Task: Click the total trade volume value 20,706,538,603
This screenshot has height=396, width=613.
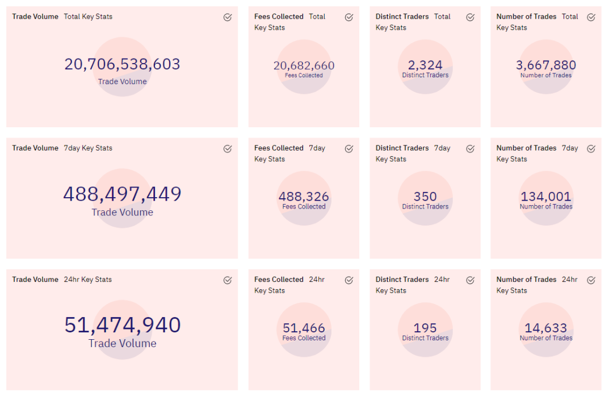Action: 123,64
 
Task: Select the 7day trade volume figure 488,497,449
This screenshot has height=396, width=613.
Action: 123,194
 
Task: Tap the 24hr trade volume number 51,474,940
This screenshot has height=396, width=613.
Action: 123,325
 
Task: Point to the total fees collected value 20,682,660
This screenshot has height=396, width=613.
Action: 304,65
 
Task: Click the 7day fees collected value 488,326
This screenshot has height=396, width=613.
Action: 304,197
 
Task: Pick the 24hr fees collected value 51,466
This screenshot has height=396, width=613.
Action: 304,328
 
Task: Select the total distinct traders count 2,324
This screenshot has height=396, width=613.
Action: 425,65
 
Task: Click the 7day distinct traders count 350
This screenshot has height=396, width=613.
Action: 425,197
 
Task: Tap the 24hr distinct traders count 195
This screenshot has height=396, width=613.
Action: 425,328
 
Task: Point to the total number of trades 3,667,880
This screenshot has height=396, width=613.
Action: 546,65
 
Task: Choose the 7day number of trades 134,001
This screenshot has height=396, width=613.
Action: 546,197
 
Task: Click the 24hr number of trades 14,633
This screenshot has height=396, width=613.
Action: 546,328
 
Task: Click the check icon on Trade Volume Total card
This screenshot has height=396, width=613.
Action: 228,17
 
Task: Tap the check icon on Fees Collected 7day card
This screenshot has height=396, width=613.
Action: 349,149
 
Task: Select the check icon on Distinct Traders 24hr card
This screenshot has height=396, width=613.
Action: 471,280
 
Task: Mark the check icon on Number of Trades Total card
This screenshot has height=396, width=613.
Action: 591,17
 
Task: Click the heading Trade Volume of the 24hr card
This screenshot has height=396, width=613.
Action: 35,280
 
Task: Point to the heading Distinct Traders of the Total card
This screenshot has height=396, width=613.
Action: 402,16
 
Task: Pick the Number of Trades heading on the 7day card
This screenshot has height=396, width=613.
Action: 526,148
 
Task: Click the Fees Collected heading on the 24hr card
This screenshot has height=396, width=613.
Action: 279,280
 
